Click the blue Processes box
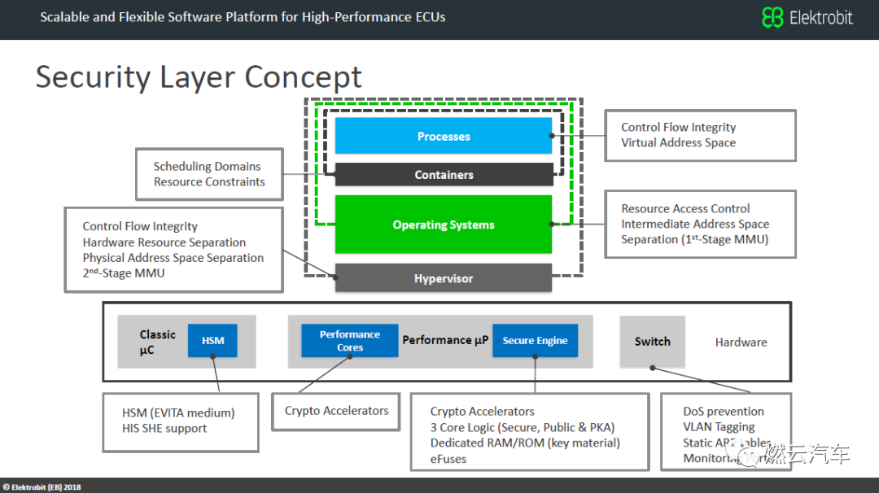pos(444,136)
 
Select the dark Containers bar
pos(444,174)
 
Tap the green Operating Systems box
pos(444,225)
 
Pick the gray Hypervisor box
pos(444,278)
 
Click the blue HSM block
pos(212,341)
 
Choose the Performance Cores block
pos(350,341)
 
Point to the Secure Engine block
pos(535,341)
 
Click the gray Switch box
pos(653,342)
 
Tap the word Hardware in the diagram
pos(741,342)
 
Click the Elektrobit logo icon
pos(772,17)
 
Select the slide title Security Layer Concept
pos(199,77)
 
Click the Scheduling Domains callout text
pos(207,166)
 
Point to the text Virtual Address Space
pos(678,142)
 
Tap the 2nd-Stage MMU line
pos(124,273)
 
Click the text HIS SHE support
pos(164,428)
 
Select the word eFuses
pos(448,458)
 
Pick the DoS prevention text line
pos(724,412)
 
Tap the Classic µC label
pos(157,342)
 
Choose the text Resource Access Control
pos(685,208)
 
